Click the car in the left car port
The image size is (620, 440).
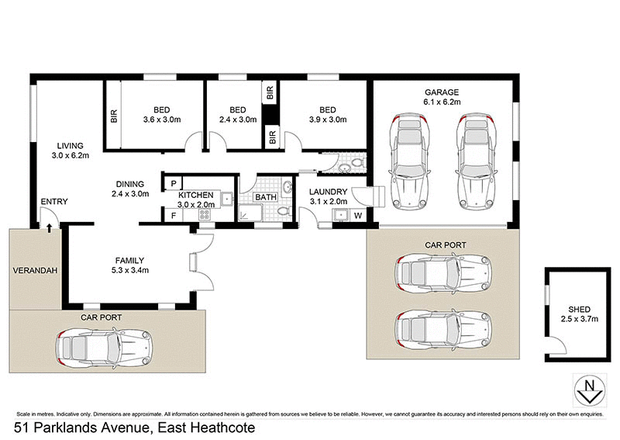pyautogui.click(x=103, y=348)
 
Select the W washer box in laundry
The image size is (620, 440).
pyautogui.click(x=358, y=215)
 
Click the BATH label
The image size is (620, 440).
pyautogui.click(x=266, y=197)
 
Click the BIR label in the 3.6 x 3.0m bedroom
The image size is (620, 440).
pyautogui.click(x=114, y=117)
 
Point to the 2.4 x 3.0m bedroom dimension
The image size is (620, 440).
pyautogui.click(x=238, y=120)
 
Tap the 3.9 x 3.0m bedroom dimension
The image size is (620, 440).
pyautogui.click(x=327, y=120)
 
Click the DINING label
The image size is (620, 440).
pyautogui.click(x=129, y=184)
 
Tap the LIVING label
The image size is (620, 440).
pyautogui.click(x=71, y=145)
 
